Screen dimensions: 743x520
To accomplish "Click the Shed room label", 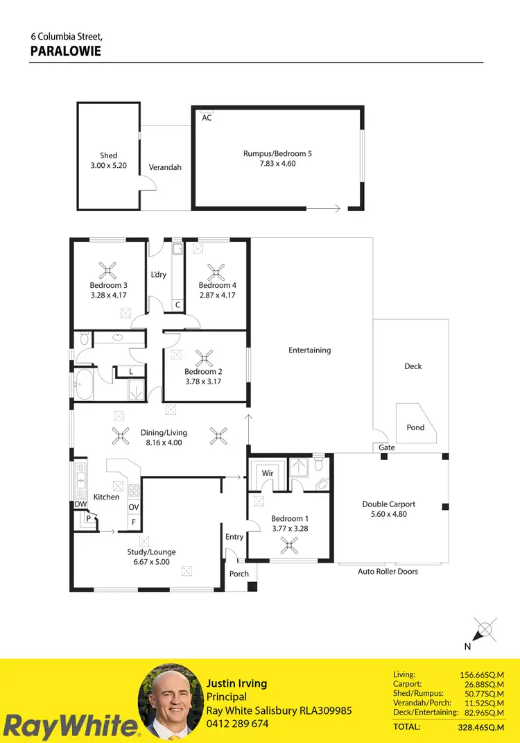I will pyautogui.click(x=108, y=155).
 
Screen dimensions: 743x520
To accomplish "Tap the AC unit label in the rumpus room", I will pyautogui.click(x=207, y=118).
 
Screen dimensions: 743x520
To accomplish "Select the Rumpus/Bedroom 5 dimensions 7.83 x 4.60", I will pyautogui.click(x=277, y=164).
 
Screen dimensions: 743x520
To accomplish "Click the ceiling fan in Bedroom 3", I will pyautogui.click(x=108, y=269).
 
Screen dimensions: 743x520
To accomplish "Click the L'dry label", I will pyautogui.click(x=159, y=275).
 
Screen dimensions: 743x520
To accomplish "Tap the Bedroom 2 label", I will pyautogui.click(x=203, y=372).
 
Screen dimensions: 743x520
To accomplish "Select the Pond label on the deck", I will pyautogui.click(x=415, y=427).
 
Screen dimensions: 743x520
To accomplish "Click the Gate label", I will pyautogui.click(x=387, y=448).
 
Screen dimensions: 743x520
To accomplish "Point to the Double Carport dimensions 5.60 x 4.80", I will pyautogui.click(x=389, y=515).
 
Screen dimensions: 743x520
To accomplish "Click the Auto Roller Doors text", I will pyautogui.click(x=388, y=572).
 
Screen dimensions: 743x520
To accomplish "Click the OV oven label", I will pyautogui.click(x=134, y=507).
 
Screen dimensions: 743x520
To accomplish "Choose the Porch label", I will pyautogui.click(x=239, y=574).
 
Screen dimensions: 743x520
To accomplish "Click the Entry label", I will pyautogui.click(x=234, y=537).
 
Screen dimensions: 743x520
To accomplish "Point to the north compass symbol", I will pyautogui.click(x=484, y=631).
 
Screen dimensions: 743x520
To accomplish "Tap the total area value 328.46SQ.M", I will pyautogui.click(x=479, y=727).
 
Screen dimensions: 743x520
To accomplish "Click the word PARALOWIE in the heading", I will pyautogui.click(x=66, y=51).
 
